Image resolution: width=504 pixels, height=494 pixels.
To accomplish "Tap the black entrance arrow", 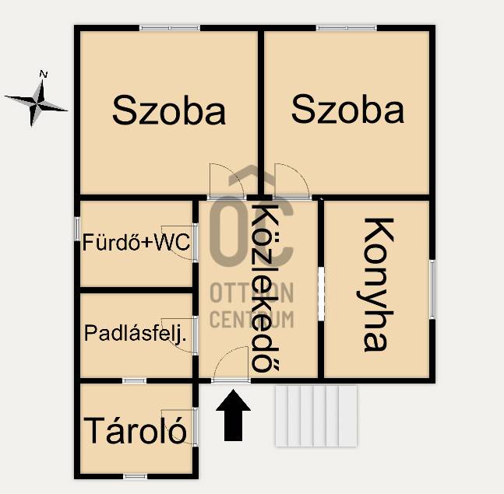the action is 233,415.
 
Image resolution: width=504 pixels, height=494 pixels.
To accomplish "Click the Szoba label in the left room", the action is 169,110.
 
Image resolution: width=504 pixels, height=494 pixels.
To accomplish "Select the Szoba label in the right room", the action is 347,109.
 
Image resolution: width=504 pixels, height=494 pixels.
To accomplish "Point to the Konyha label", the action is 375,285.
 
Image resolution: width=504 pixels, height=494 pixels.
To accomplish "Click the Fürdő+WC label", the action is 136,242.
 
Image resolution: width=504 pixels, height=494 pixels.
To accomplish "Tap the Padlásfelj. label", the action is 136,335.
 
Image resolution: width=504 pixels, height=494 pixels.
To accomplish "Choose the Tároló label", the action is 135,430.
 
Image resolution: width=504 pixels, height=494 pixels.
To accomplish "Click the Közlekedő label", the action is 265,289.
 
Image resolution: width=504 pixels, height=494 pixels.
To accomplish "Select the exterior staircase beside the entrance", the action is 316,416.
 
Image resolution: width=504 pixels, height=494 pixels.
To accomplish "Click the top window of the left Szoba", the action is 170,28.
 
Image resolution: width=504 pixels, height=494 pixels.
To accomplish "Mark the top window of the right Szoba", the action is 346,28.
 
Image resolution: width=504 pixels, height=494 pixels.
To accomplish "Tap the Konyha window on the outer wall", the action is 432,289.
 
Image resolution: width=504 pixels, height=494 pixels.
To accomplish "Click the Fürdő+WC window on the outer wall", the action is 77,229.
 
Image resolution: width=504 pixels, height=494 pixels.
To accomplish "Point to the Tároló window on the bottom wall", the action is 135,476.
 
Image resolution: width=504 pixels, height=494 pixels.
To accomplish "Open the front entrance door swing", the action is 231,363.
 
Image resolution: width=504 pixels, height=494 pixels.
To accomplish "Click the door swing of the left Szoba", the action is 227,180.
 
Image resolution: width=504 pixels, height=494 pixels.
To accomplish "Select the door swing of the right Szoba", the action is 291,180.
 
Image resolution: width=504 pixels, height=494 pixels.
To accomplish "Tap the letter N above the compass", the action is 44,74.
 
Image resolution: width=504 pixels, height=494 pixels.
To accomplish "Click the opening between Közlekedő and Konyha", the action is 321,293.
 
